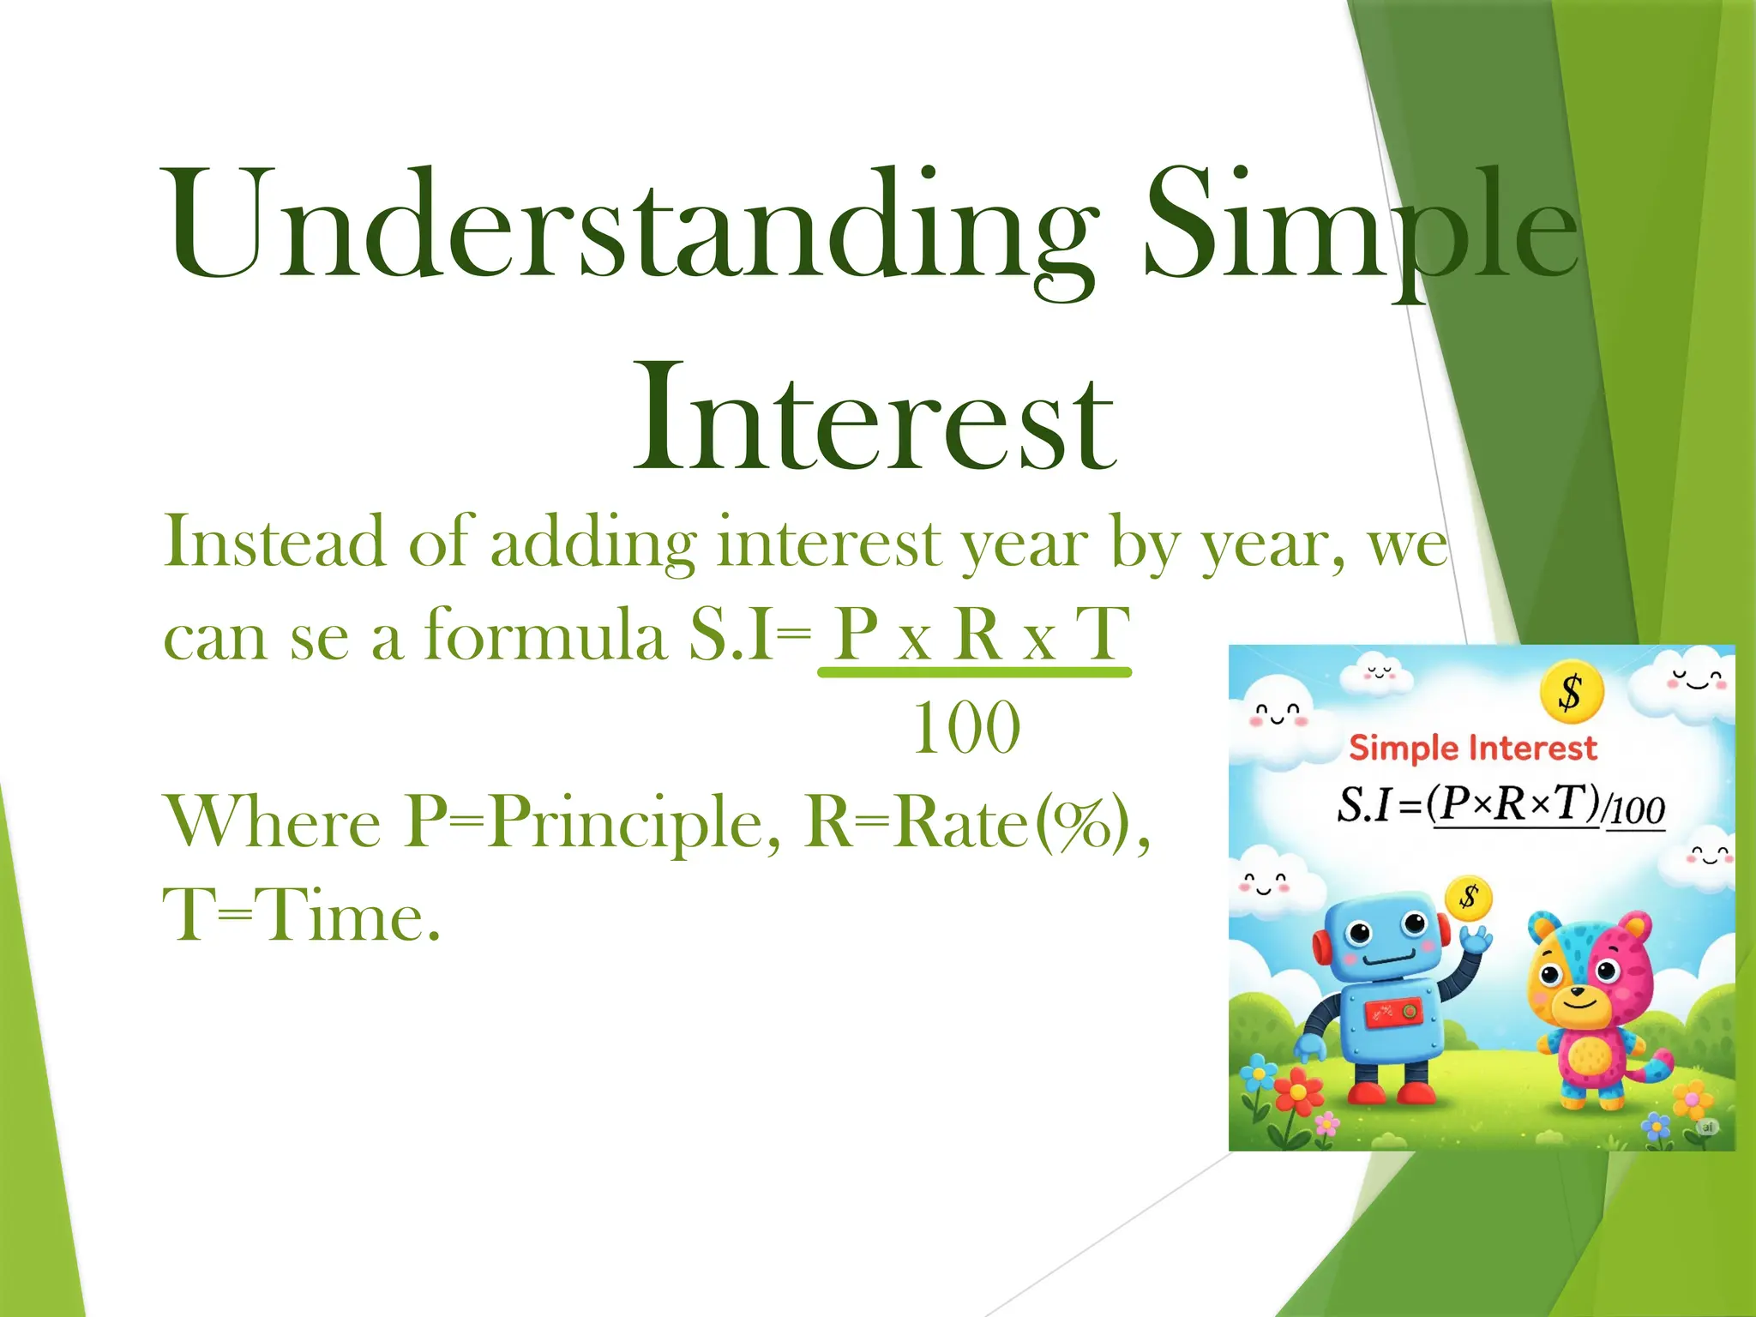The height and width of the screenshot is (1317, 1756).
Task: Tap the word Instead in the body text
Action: point(274,542)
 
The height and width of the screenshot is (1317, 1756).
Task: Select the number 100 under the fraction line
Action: point(966,728)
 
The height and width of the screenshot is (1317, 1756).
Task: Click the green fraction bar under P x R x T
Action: point(975,673)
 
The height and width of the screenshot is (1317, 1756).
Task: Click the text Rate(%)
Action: point(969,821)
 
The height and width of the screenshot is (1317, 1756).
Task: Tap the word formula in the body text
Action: point(546,635)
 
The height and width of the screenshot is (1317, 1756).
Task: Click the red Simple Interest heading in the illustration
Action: point(1473,748)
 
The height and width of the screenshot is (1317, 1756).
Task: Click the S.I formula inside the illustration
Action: point(1500,806)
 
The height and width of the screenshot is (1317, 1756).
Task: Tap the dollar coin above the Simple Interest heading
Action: point(1571,692)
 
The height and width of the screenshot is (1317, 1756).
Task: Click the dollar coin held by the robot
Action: point(1469,898)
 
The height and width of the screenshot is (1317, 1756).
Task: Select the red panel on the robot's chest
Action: point(1393,1013)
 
